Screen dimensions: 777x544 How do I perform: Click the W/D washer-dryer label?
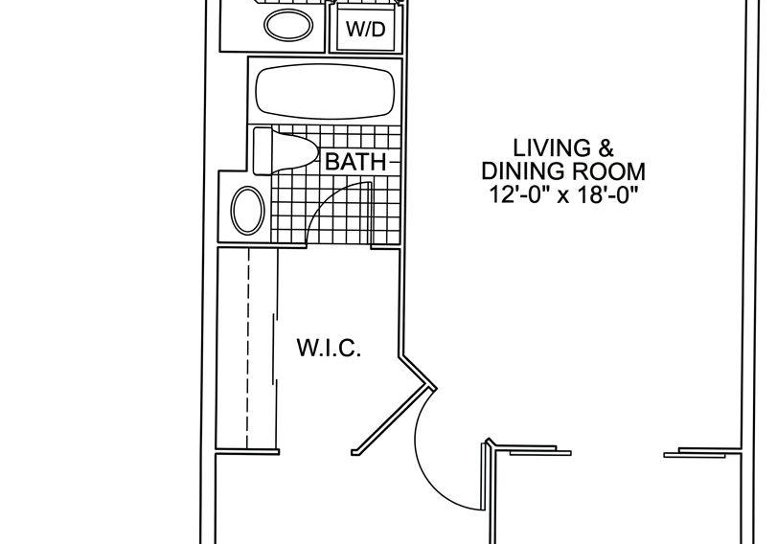click(x=365, y=30)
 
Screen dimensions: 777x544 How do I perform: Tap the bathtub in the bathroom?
click(x=325, y=91)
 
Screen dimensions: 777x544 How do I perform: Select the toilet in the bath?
click(x=285, y=150)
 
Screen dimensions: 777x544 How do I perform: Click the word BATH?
click(x=355, y=162)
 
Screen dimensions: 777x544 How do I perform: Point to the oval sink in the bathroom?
click(x=248, y=210)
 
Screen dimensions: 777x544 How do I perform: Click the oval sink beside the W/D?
click(x=288, y=25)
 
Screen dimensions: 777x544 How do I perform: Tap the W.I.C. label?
click(x=329, y=348)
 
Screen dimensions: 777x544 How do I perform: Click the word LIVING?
click(x=545, y=148)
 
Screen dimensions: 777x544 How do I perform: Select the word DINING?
click(x=523, y=171)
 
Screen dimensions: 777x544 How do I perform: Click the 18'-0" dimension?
click(x=606, y=194)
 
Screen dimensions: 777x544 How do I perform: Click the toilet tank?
click(x=263, y=150)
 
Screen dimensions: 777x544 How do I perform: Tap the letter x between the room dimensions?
click(x=562, y=196)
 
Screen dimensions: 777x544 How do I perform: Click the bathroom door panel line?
click(x=370, y=214)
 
